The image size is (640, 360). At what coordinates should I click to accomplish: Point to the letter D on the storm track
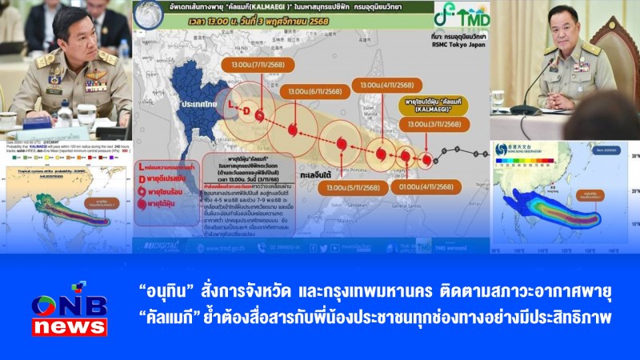[x=247, y=110]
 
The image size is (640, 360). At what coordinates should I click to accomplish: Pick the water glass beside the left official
[x=86, y=114]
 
